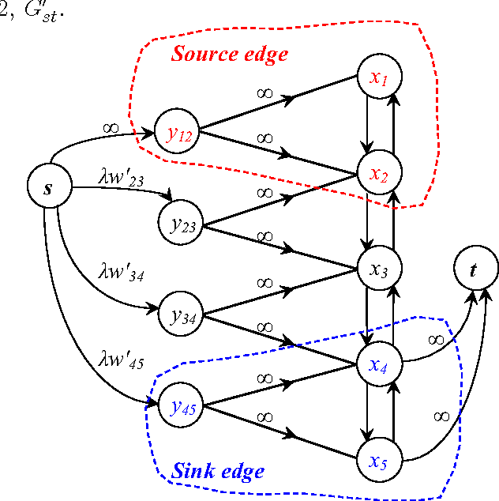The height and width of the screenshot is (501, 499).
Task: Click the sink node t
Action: pos(475,270)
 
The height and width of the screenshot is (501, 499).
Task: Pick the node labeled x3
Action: pos(381,268)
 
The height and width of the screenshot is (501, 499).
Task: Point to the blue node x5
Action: pos(381,459)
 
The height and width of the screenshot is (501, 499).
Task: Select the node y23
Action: pos(180,224)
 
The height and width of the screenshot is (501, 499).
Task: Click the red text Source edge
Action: pos(230,55)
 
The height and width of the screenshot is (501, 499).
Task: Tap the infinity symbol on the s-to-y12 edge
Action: pos(111,125)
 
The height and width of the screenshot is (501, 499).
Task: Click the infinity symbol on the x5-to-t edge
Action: pos(442,416)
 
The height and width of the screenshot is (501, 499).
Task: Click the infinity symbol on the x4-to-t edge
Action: pos(435,339)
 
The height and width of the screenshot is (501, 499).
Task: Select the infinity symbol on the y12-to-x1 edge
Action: pos(265,92)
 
